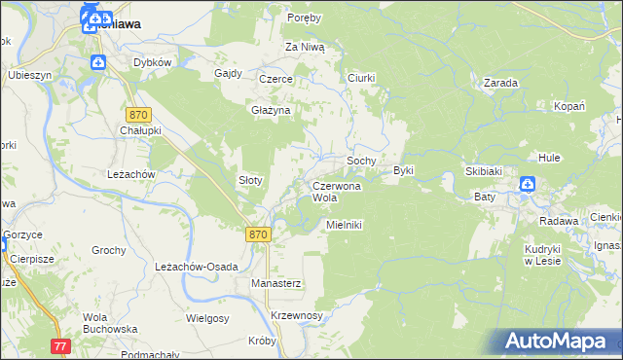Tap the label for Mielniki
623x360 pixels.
click(x=344, y=225)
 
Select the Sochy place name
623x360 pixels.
click(x=362, y=160)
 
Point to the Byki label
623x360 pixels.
click(x=404, y=170)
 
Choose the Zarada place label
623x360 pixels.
click(x=499, y=83)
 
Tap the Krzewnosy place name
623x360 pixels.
click(x=296, y=316)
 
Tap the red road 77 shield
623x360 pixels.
click(x=61, y=345)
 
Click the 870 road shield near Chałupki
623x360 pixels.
click(x=139, y=114)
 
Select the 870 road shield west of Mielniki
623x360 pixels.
click(x=256, y=234)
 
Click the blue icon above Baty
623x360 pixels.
click(x=527, y=184)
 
